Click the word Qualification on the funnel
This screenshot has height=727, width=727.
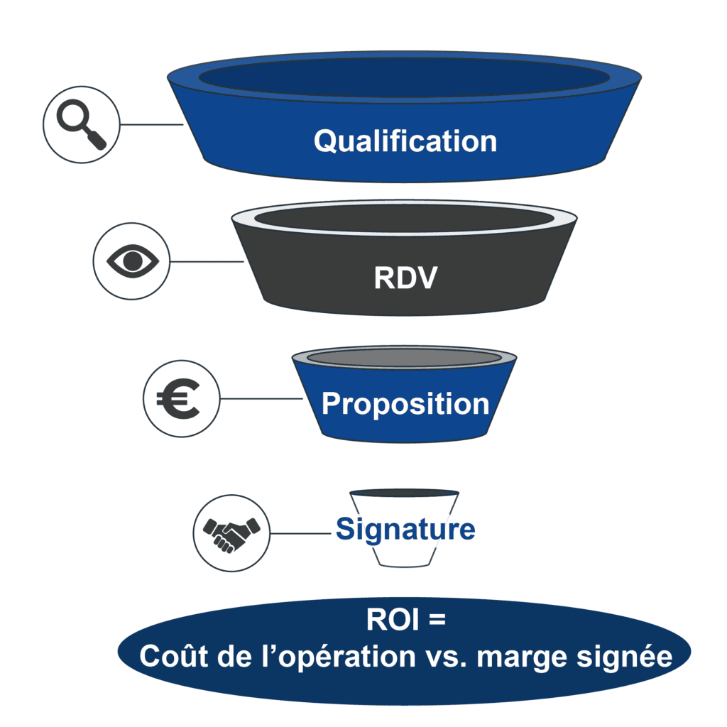tap(405, 141)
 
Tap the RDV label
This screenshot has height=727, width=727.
tap(405, 278)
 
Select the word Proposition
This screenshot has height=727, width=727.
tap(405, 404)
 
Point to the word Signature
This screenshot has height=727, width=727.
tap(405, 530)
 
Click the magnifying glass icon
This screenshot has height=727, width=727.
tap(81, 126)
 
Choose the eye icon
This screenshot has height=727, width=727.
tap(131, 261)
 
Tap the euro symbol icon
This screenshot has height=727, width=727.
tap(181, 398)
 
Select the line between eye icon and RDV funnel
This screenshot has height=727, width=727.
tap(206, 261)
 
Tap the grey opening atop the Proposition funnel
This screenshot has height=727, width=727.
tap(404, 358)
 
